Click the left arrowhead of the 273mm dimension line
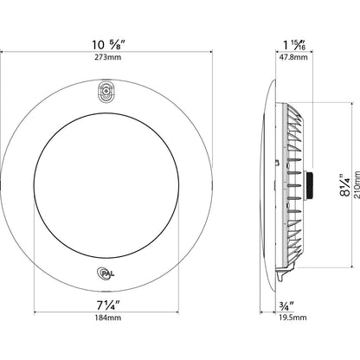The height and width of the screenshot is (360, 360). point(3,51)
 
